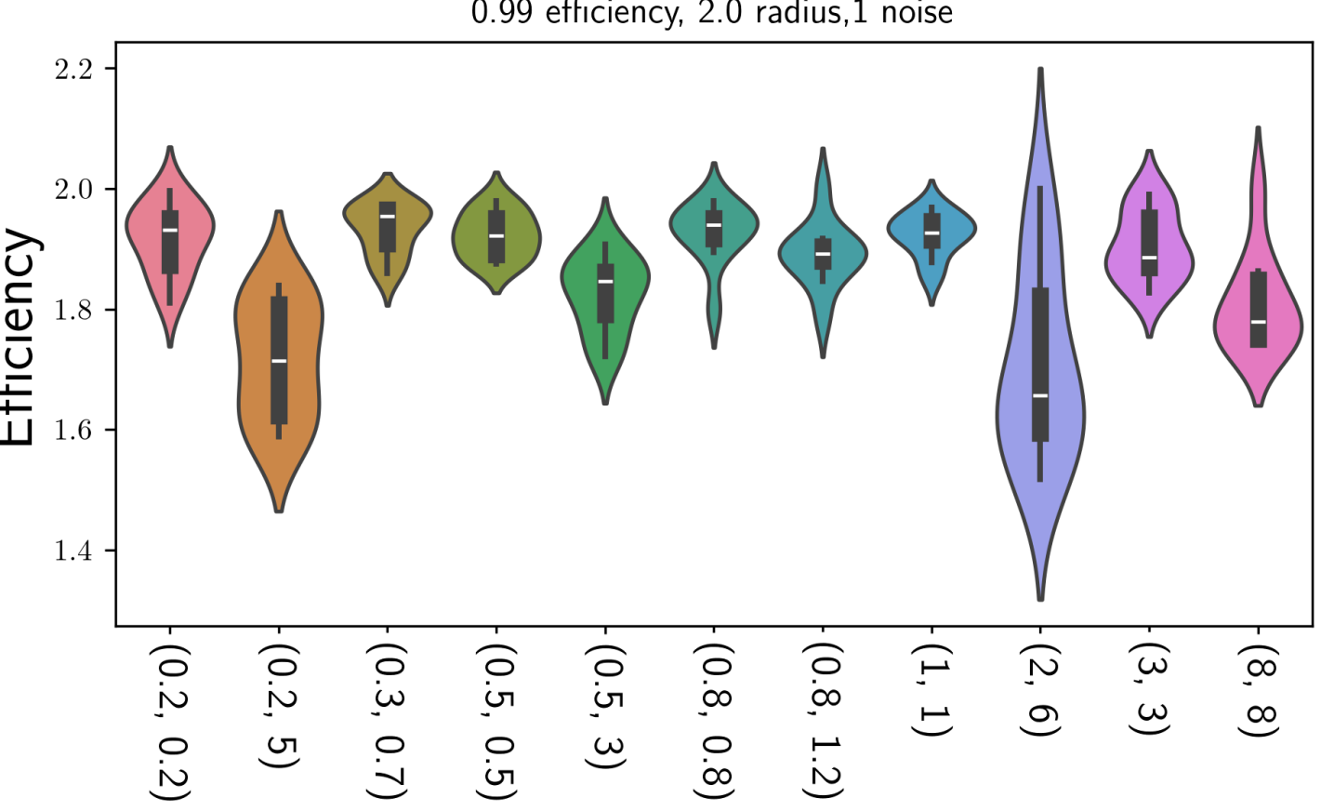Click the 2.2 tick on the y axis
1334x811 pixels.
[x=111, y=69]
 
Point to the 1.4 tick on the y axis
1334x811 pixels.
[x=111, y=551]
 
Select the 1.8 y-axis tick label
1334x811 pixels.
[x=73, y=310]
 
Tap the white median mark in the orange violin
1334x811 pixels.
[x=279, y=361]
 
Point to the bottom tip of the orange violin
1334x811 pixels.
[x=279, y=511]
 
